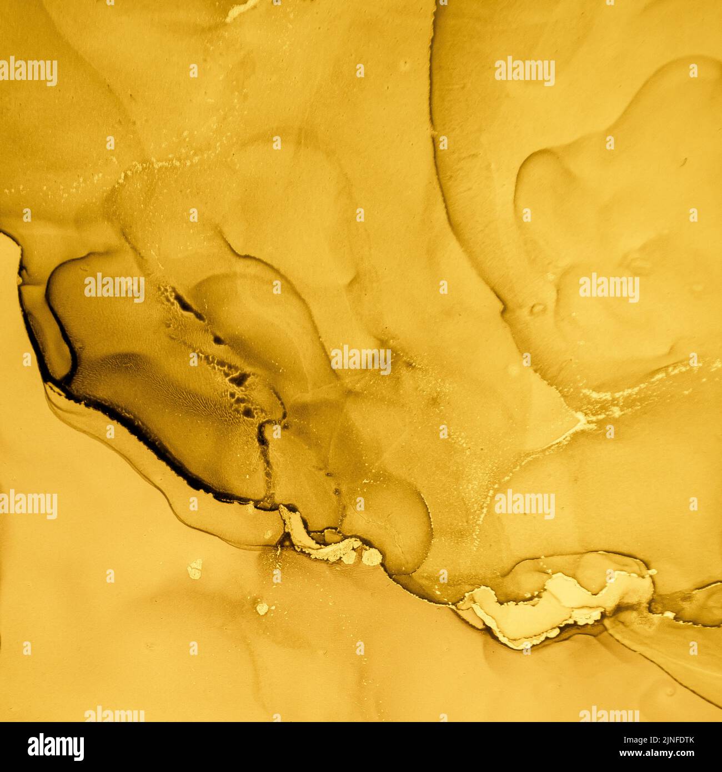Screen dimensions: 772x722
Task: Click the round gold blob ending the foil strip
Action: [372, 555]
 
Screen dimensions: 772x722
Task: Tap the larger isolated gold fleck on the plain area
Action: [195, 567]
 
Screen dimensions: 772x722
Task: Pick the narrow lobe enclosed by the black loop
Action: [47, 333]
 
